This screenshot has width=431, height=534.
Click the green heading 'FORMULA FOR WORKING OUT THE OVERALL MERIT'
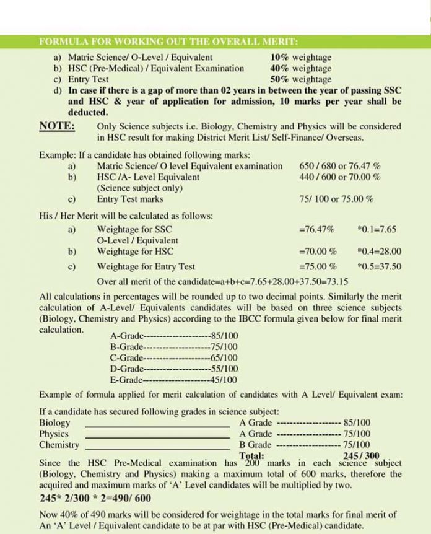coord(168,42)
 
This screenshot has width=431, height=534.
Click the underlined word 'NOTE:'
coord(58,126)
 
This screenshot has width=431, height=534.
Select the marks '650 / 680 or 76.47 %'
coord(339,166)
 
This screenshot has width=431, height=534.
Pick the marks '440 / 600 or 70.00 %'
coord(339,177)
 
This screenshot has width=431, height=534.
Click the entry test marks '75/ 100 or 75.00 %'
coord(336,199)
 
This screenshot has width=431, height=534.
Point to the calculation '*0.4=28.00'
coord(379,252)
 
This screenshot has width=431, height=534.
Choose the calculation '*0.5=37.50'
coord(379,267)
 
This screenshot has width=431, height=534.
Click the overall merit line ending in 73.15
coord(222,281)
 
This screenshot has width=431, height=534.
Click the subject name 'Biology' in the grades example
coord(54,422)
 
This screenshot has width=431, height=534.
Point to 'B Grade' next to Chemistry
coord(255,445)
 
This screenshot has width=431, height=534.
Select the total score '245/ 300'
coord(360,455)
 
